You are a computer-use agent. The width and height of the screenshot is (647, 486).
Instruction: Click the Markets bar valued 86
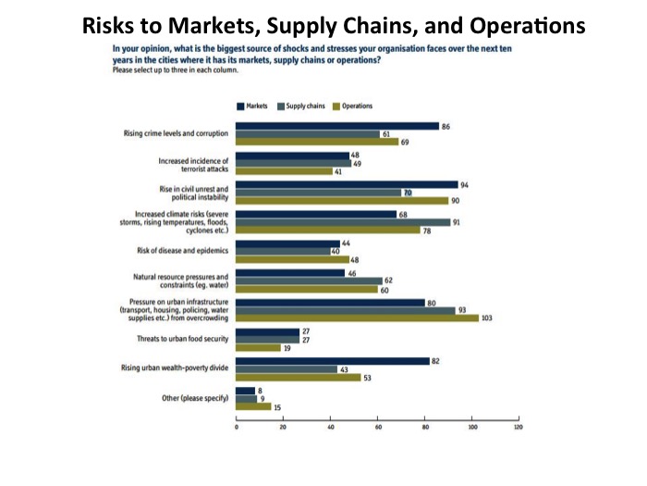(x=337, y=126)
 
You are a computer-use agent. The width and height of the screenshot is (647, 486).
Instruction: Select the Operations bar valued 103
(x=357, y=318)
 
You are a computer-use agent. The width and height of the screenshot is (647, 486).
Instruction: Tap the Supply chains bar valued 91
(x=343, y=221)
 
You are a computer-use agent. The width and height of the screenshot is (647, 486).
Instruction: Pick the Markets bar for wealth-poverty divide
(x=333, y=360)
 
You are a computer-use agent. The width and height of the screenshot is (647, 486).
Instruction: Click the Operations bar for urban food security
(x=258, y=347)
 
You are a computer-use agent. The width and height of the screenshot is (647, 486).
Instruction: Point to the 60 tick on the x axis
(x=378, y=429)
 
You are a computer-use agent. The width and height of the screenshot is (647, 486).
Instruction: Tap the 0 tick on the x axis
(x=237, y=429)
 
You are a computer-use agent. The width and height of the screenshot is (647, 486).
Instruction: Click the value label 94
(x=464, y=185)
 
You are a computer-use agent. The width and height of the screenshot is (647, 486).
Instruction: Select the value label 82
(x=435, y=360)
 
